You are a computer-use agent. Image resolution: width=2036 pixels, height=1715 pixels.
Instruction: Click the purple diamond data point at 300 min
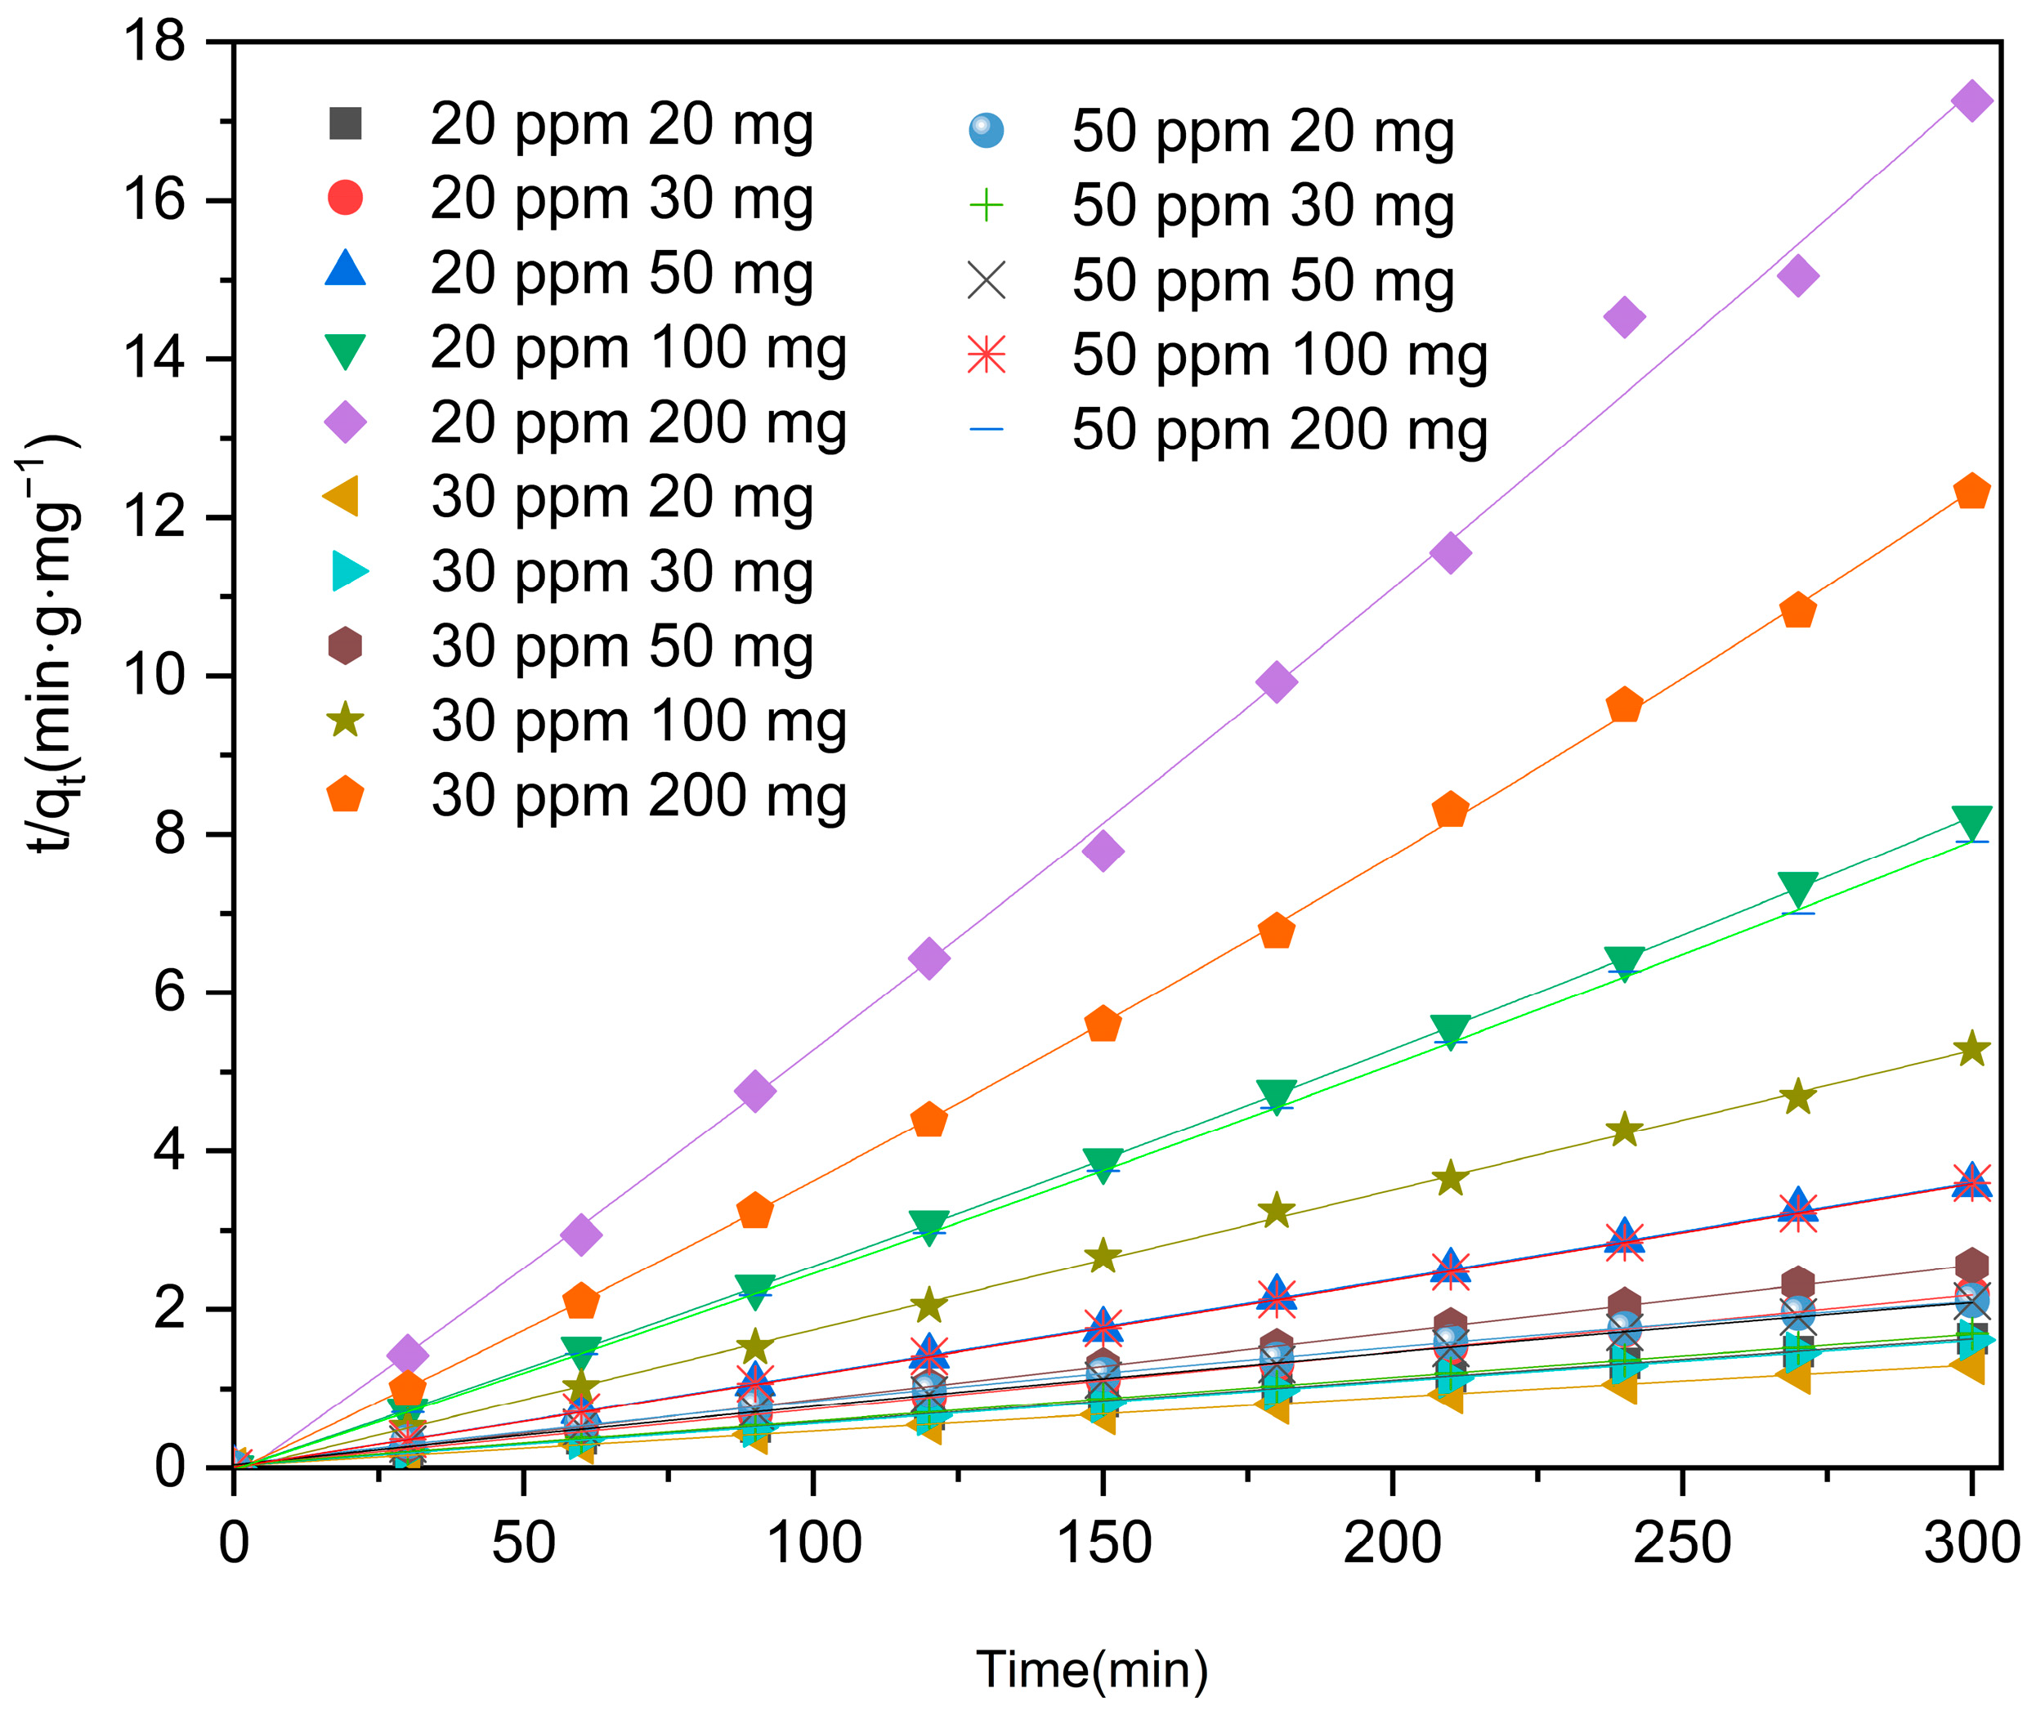(1971, 101)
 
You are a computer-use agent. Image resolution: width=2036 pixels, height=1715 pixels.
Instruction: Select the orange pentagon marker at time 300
(1971, 492)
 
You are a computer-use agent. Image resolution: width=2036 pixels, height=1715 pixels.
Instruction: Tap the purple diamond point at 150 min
(1103, 851)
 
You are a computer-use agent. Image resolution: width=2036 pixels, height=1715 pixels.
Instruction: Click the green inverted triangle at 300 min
(1971, 821)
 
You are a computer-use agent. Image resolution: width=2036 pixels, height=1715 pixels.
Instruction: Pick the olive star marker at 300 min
(1971, 1049)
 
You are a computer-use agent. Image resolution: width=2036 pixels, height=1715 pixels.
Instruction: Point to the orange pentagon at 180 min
(1276, 931)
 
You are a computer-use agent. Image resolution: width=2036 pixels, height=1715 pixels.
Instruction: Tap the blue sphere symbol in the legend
(986, 130)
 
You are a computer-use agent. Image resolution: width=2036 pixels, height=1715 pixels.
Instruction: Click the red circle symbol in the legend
(345, 198)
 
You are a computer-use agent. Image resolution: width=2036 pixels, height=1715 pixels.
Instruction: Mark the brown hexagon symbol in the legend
(345, 645)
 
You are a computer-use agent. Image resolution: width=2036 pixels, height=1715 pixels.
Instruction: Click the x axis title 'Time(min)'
(1091, 1669)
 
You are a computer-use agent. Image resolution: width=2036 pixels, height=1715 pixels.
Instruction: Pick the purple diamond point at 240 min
(1624, 317)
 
